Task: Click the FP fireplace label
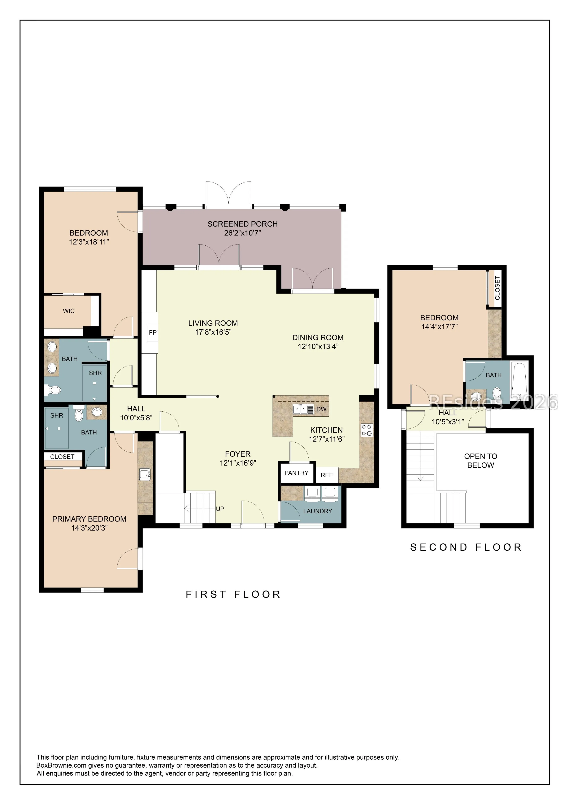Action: click(152, 333)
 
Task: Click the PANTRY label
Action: click(296, 473)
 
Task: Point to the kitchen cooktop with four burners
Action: click(367, 430)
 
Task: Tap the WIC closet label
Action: click(69, 311)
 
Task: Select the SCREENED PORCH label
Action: click(243, 224)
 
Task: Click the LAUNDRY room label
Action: click(318, 511)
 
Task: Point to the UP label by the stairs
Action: click(220, 509)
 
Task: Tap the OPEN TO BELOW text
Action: click(481, 461)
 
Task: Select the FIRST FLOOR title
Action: click(233, 595)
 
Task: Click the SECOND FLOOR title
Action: click(466, 547)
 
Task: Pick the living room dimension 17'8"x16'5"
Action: click(213, 332)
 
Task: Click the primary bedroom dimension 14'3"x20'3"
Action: click(89, 528)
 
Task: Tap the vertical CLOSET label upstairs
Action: click(497, 288)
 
